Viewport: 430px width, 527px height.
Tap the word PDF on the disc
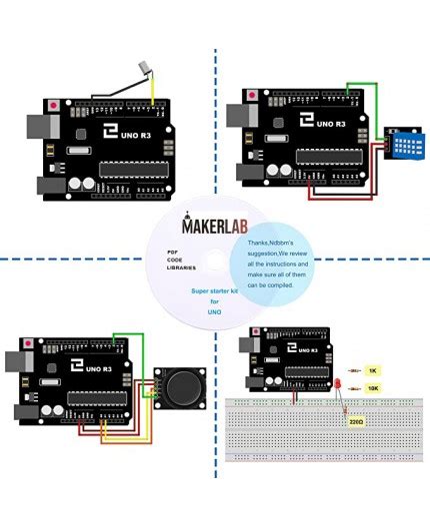174,252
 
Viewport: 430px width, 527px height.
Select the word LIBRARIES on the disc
182,268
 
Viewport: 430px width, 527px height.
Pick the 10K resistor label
372,387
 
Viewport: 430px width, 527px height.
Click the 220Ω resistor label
356,422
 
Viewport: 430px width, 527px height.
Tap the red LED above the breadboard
340,385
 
